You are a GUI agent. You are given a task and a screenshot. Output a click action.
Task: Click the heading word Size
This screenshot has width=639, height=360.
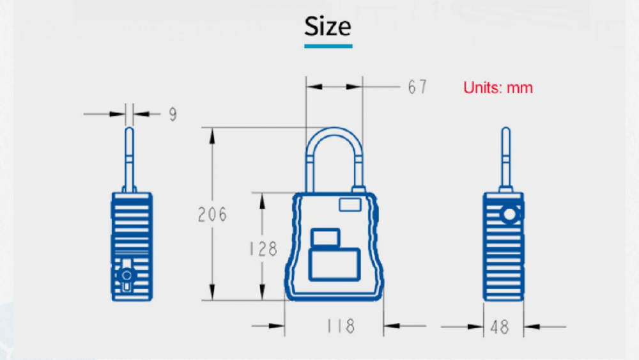328,27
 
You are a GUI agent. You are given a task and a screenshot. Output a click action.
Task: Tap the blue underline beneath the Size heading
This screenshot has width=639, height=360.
328,46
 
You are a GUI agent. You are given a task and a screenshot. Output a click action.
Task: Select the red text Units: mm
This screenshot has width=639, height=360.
498,88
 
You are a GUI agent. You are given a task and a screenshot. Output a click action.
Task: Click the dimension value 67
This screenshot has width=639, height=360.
417,87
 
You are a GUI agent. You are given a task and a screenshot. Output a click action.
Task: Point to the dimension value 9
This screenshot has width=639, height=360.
173,114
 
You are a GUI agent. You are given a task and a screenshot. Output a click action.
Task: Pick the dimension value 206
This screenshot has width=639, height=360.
212,214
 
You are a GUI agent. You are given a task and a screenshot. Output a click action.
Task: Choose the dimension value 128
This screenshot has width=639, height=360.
263,248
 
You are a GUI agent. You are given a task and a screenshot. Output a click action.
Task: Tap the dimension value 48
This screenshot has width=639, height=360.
500,327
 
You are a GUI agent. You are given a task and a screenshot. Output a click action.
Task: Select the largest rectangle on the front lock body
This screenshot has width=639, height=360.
333,265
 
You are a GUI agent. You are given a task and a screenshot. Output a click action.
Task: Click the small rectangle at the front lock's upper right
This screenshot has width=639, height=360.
350,205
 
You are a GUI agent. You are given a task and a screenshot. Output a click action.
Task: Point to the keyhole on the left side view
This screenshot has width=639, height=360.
127,276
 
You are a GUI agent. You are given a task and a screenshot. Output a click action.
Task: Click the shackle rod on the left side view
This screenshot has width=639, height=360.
129,157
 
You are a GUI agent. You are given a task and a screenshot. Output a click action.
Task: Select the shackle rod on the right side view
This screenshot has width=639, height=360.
505,157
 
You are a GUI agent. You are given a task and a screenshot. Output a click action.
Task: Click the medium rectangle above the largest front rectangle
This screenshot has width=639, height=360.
325,239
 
